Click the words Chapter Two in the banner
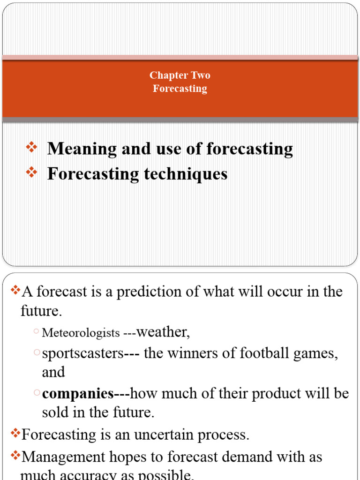coord(180,75)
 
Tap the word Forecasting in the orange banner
coord(180,88)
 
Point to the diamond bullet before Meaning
coord(31,149)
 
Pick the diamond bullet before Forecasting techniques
coord(31,173)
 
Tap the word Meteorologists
coord(81,333)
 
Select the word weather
coord(162,332)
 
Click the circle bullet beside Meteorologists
coord(37,332)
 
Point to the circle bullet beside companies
coord(37,394)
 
